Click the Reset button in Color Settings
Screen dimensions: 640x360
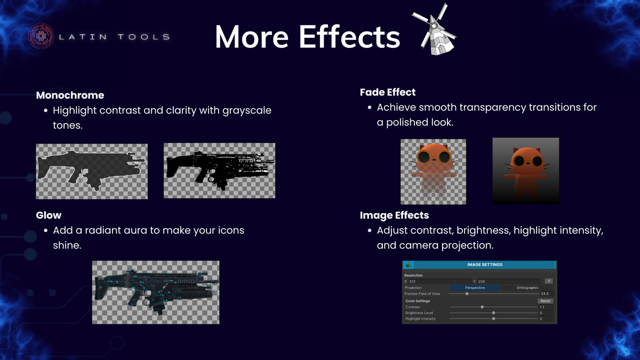pyautogui.click(x=545, y=301)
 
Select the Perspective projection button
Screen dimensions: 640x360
pyautogui.click(x=475, y=287)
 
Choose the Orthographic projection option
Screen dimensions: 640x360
pyautogui.click(x=527, y=287)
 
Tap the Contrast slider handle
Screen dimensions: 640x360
pyautogui.click(x=482, y=307)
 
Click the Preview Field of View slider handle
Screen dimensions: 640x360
pyautogui.click(x=467, y=294)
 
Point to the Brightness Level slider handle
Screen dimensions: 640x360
pyautogui.click(x=493, y=313)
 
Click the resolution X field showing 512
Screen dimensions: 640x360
pyautogui.click(x=440, y=282)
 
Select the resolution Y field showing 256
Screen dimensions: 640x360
pyautogui.click(x=509, y=282)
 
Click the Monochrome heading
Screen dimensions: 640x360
pyautogui.click(x=70, y=95)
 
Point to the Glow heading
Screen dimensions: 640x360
pyautogui.click(x=49, y=215)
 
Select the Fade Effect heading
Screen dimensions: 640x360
pyautogui.click(x=388, y=92)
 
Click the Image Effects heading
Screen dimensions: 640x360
pyautogui.click(x=394, y=215)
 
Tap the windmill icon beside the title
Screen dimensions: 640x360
pyautogui.click(x=434, y=30)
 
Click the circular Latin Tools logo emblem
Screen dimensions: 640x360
pyautogui.click(x=41, y=36)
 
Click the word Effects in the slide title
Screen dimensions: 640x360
pyautogui.click(x=349, y=37)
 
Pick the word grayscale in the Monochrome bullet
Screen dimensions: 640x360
pyautogui.click(x=247, y=110)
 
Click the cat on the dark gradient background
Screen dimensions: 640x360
pyautogui.click(x=526, y=171)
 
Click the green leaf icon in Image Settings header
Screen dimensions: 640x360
pyautogui.click(x=409, y=265)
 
